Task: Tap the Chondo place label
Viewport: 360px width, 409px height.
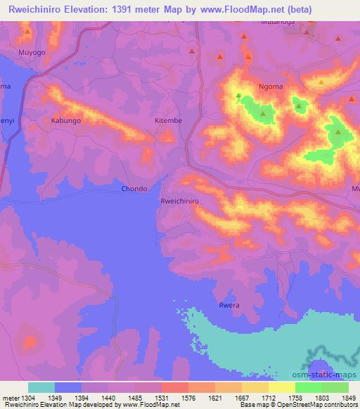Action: click(x=134, y=188)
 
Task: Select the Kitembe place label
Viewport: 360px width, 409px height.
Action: click(x=168, y=121)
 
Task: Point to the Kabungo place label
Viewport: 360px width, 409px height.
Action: click(x=65, y=121)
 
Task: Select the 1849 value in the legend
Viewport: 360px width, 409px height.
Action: click(x=348, y=396)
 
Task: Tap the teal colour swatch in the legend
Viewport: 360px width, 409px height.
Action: click(x=41, y=387)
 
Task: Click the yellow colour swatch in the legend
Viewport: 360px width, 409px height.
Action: click(x=282, y=387)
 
